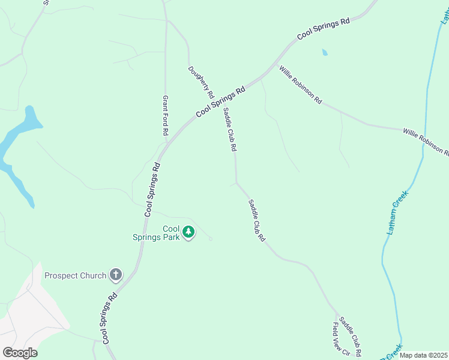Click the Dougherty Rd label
coord(200,82)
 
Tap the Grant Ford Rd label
coord(166,115)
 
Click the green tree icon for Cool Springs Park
coord(188,232)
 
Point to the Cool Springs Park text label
coord(155,233)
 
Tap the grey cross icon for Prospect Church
coord(116,275)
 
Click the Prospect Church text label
coord(75,275)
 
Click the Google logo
coord(20,353)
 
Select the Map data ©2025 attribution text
coord(423,355)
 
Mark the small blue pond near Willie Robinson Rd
coord(325,52)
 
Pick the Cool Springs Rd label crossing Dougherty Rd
coord(221,101)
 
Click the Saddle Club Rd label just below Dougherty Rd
coord(231,129)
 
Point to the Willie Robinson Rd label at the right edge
coord(426,140)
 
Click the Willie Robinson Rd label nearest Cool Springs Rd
coord(300,85)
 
